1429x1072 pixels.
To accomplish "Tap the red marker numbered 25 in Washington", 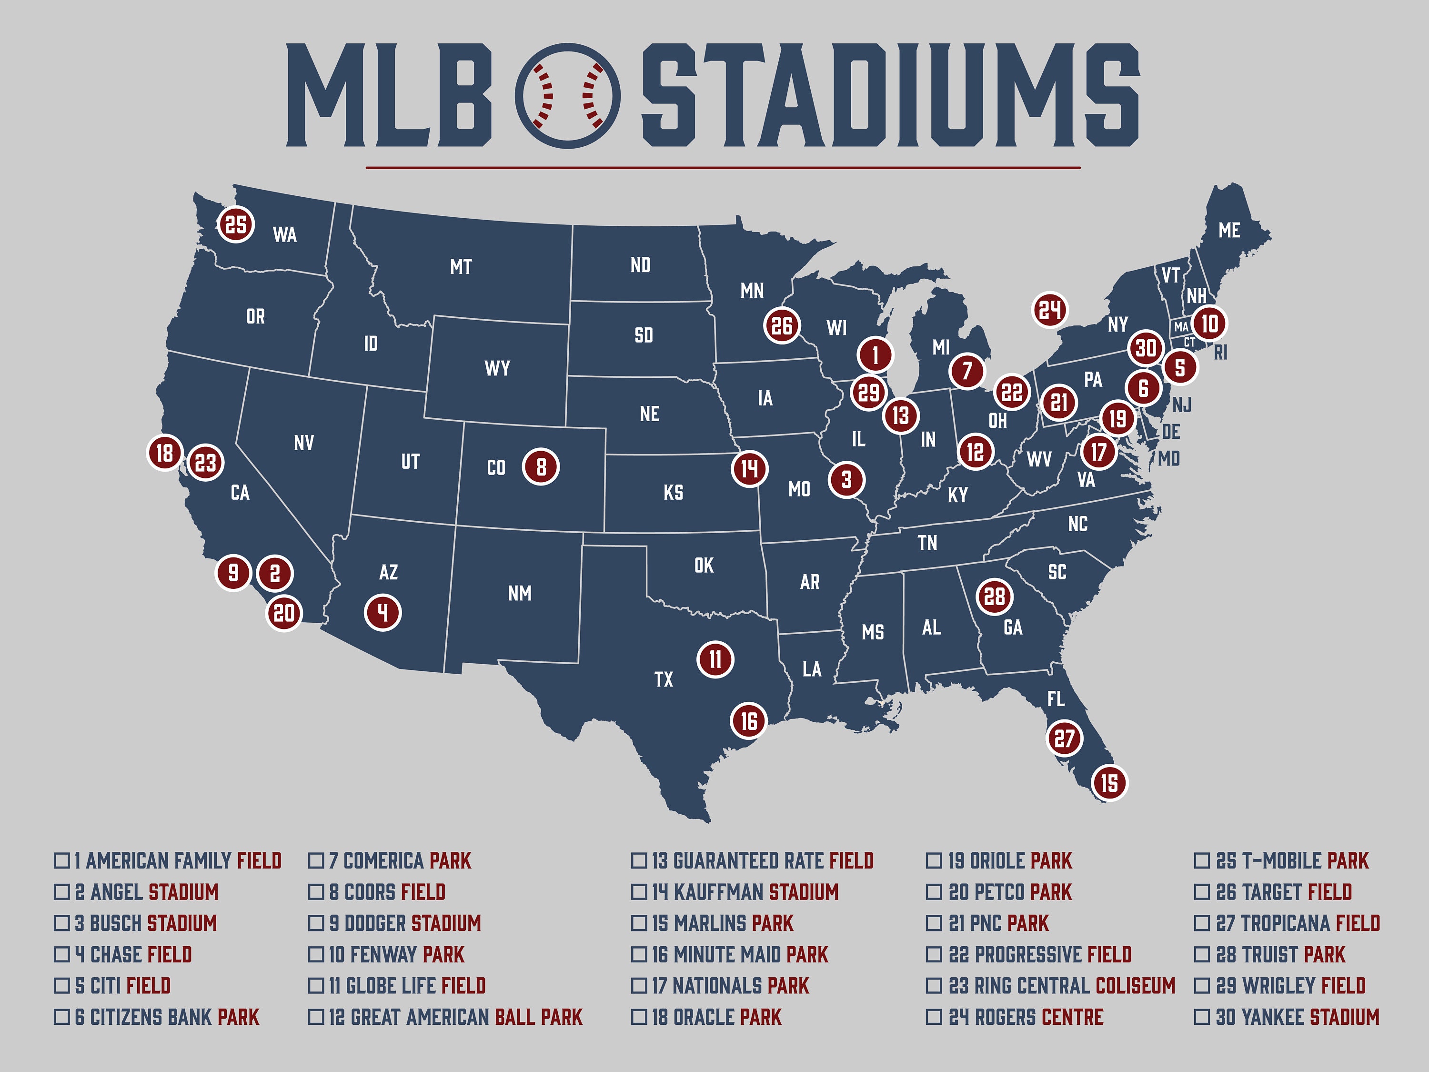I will point(236,224).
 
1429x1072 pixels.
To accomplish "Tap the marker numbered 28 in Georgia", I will point(994,597).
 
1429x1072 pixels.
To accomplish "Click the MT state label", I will point(461,266).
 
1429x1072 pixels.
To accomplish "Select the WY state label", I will point(497,368).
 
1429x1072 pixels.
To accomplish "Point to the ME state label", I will point(1229,230).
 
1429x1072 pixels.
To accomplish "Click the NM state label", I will point(519,593).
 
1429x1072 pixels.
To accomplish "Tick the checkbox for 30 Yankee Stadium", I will point(1202,1017).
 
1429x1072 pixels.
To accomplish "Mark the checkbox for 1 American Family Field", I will point(61,861).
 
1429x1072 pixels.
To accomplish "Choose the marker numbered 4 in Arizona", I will point(383,612).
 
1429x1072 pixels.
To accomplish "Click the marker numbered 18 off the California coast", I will point(165,453).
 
